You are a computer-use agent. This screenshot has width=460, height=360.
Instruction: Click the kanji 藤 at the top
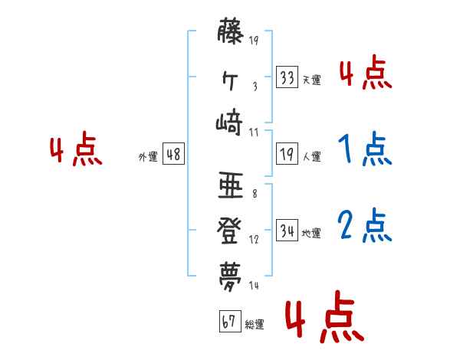230,33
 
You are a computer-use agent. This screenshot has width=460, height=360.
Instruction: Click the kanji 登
230,229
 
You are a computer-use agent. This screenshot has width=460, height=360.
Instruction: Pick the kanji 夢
230,273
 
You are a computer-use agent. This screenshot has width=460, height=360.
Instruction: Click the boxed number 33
286,77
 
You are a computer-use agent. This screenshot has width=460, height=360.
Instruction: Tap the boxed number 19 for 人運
286,154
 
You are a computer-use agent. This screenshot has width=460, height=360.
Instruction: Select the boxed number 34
286,230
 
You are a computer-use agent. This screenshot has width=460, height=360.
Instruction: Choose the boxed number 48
173,154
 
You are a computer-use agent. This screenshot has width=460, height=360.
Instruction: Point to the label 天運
311,80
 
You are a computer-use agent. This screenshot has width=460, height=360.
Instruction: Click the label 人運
311,157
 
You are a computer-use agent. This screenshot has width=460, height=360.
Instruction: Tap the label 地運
311,233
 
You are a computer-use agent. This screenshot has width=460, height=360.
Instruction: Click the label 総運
255,324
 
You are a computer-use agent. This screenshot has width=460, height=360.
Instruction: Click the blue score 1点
365,150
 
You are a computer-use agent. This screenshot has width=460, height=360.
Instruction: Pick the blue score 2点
365,226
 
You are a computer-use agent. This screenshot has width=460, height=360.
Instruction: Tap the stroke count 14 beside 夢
254,285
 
